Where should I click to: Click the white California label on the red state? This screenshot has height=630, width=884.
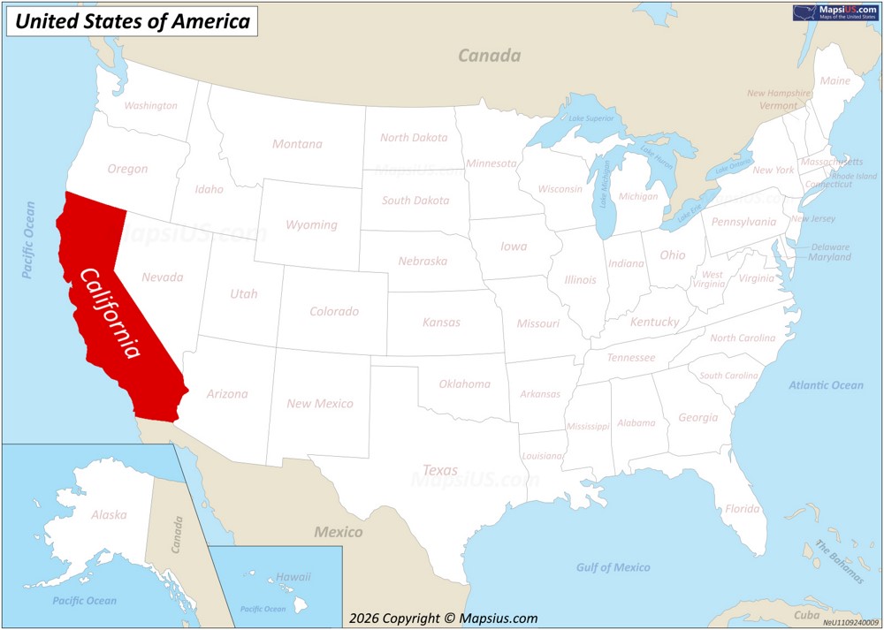[x=110, y=312]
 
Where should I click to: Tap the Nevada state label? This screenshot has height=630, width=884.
[x=162, y=277]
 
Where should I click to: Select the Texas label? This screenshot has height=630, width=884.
[x=440, y=470]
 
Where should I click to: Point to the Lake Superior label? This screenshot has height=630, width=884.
[x=591, y=118]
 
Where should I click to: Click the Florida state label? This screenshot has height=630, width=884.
[x=742, y=509]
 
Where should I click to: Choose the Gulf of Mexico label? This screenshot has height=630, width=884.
[x=613, y=567]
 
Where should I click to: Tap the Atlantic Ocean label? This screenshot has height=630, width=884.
[x=826, y=385]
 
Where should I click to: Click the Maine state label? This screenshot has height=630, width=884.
[x=834, y=80]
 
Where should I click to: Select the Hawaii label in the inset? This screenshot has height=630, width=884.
[x=293, y=577]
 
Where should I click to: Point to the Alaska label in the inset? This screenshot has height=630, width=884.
[x=109, y=515]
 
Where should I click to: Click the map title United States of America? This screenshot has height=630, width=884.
[x=133, y=21]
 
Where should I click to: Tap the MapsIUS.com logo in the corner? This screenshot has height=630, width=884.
[x=836, y=11]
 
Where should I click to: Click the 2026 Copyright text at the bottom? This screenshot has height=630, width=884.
[x=443, y=619]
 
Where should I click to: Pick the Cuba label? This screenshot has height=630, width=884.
[x=806, y=615]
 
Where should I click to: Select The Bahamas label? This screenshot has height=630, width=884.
[x=840, y=562]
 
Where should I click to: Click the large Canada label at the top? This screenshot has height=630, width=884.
[x=489, y=56]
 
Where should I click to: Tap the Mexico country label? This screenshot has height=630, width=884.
[x=339, y=532]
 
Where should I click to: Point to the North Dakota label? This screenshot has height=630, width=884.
[x=414, y=138]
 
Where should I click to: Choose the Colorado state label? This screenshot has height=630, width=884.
[x=334, y=312]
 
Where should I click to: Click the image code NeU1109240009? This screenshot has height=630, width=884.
[x=851, y=623]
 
